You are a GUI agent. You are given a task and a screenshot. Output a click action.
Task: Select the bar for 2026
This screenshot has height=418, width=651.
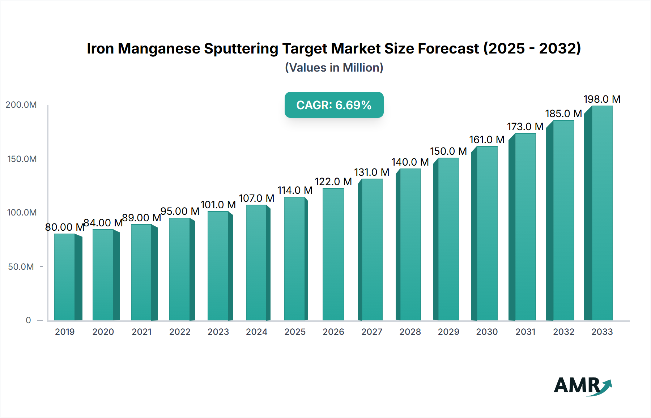coord(333,254)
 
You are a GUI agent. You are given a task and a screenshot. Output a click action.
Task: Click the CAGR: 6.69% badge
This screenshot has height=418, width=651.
coord(334,105)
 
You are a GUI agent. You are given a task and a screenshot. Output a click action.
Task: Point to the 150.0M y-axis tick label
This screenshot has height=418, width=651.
coord(22,159)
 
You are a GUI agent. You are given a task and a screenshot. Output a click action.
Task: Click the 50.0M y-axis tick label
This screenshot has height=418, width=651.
coord(21,267)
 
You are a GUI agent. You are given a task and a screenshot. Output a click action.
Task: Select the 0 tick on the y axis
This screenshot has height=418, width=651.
coord(28,320)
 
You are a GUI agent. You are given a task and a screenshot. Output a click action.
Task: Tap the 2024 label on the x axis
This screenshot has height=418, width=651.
coord(256,332)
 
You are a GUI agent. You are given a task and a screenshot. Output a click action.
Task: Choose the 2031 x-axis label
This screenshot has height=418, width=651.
coord(525,332)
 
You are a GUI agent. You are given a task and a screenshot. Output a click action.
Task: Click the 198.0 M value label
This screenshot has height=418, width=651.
coord(602,99)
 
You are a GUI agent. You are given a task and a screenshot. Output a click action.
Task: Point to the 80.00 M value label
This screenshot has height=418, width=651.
coord(64,227)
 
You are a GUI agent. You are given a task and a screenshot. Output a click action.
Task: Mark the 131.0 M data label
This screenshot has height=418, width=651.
coord(371,172)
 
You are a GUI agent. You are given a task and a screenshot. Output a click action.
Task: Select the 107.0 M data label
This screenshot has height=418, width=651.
coord(256,198)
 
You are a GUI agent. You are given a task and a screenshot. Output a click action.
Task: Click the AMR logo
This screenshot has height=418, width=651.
coord(582,386)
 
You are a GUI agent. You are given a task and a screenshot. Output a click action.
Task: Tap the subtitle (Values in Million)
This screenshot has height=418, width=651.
coord(334,68)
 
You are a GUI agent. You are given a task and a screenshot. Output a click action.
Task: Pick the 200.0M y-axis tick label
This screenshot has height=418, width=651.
coord(21,105)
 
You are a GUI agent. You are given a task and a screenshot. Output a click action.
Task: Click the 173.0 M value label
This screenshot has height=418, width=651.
coord(525,127)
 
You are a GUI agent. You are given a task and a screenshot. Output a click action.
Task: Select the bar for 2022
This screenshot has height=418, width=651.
coord(180,269)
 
